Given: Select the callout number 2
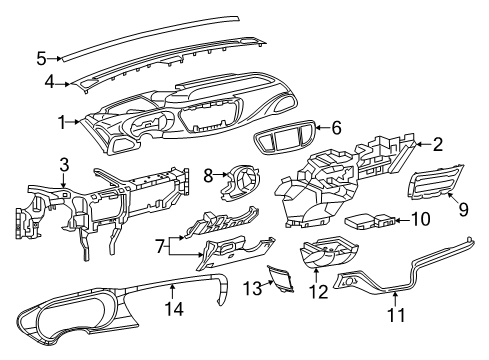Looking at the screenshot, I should [x=437, y=144].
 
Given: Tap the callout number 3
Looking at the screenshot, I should [x=63, y=162].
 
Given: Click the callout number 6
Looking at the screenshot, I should [x=336, y=127].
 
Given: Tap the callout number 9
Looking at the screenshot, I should [x=462, y=208].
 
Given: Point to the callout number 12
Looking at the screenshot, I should [x=321, y=292].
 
